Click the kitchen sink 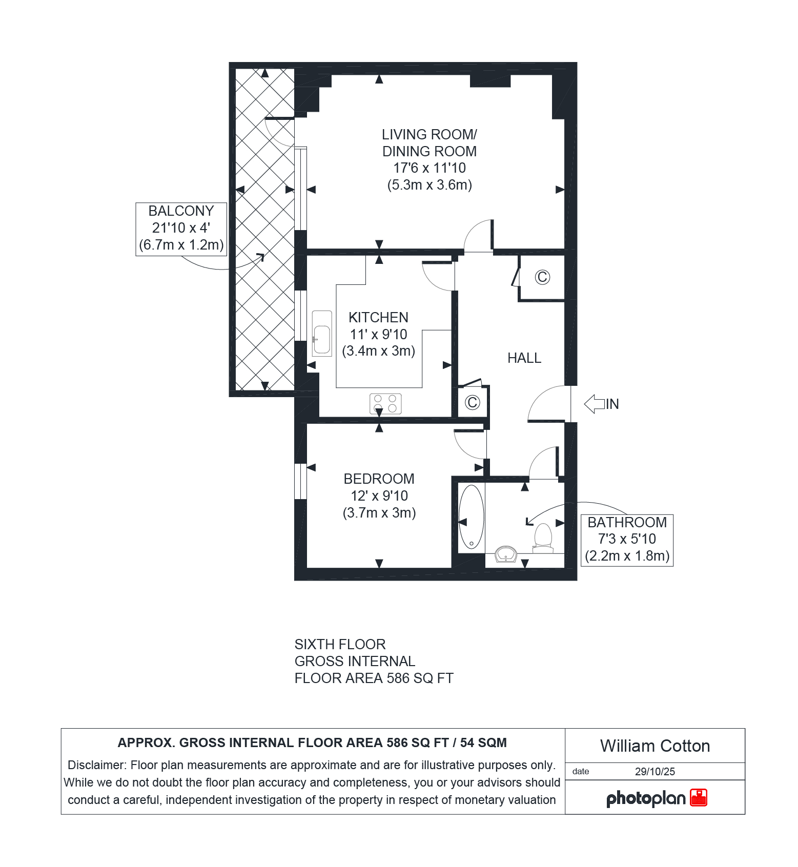point(322,334)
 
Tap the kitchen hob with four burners point(385,404)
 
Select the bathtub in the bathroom point(471,517)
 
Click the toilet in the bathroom point(543,538)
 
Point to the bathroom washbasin point(506,554)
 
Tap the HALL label point(524,358)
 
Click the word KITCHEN point(378,318)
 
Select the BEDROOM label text point(379,479)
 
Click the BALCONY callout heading point(181,211)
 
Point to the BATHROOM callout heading point(627,523)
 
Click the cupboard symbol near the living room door point(542,277)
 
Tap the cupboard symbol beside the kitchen point(472,402)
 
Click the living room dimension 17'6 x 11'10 point(429,168)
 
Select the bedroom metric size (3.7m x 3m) point(379,513)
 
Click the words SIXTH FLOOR point(340,645)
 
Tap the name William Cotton point(655,746)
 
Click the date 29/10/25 point(655,772)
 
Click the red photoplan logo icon point(699,798)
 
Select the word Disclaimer point(97,765)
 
